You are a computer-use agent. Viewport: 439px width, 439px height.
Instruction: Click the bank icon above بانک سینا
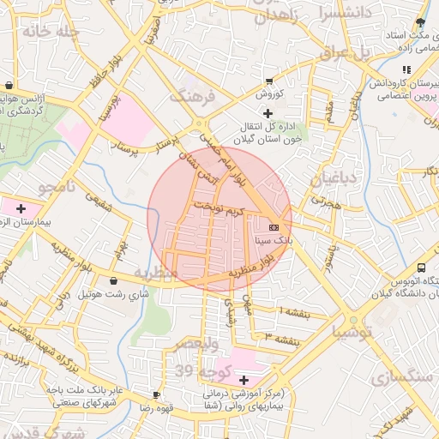pos(274,227)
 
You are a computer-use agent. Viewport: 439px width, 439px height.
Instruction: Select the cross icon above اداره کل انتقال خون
pos(268,113)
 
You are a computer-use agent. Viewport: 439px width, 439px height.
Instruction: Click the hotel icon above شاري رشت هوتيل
pos(114,280)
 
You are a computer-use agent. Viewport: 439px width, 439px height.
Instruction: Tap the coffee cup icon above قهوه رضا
pos(156,394)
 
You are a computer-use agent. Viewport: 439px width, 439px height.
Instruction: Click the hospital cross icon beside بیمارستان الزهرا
pos(21,208)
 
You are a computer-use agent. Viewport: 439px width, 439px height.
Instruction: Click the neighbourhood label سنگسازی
pos(400,378)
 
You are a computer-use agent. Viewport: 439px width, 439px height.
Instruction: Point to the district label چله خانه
pos(51,32)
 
